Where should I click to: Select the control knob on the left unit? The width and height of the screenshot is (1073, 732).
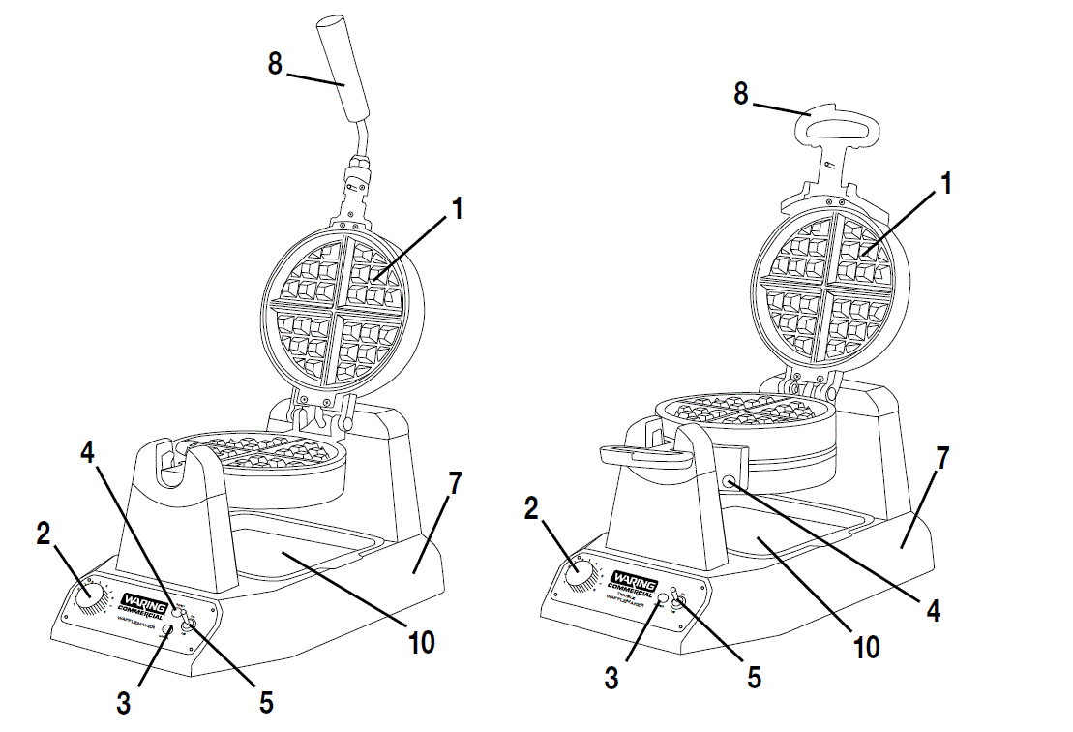[x=90, y=599]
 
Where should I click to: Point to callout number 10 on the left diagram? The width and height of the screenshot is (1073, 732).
[x=422, y=642]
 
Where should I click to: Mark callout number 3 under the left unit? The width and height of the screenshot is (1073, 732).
[x=124, y=704]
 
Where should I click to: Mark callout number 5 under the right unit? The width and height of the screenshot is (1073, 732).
[x=754, y=675]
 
